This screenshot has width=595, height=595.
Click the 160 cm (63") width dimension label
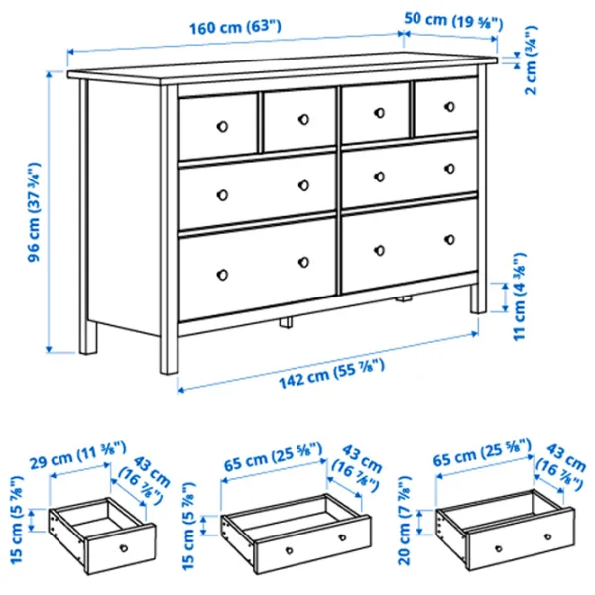coord(235,28)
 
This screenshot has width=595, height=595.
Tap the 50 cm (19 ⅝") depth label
coord(453,21)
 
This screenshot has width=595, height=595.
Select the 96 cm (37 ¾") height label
coord(34,212)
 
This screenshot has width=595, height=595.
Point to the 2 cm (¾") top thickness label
coord(531,59)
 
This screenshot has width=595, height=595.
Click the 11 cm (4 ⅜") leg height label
coord(519,297)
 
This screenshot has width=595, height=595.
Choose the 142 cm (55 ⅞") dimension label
coord(331,374)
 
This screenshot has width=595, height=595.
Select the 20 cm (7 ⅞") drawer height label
coord(405,521)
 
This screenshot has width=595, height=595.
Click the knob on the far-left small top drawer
coord(223,126)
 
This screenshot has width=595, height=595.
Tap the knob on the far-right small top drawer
coord(449,107)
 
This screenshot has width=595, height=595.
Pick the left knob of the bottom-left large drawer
coord(223,275)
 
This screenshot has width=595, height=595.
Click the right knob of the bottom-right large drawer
coord(449,240)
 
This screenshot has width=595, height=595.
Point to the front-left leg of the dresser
coord(169,230)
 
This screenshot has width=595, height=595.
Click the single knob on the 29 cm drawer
coord(124,548)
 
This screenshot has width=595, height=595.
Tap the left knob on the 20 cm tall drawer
coord(499,548)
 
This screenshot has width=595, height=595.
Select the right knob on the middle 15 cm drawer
coord(342,537)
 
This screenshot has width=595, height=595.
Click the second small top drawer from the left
coord(299,119)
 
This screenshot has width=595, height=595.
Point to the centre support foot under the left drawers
coord(287,322)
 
